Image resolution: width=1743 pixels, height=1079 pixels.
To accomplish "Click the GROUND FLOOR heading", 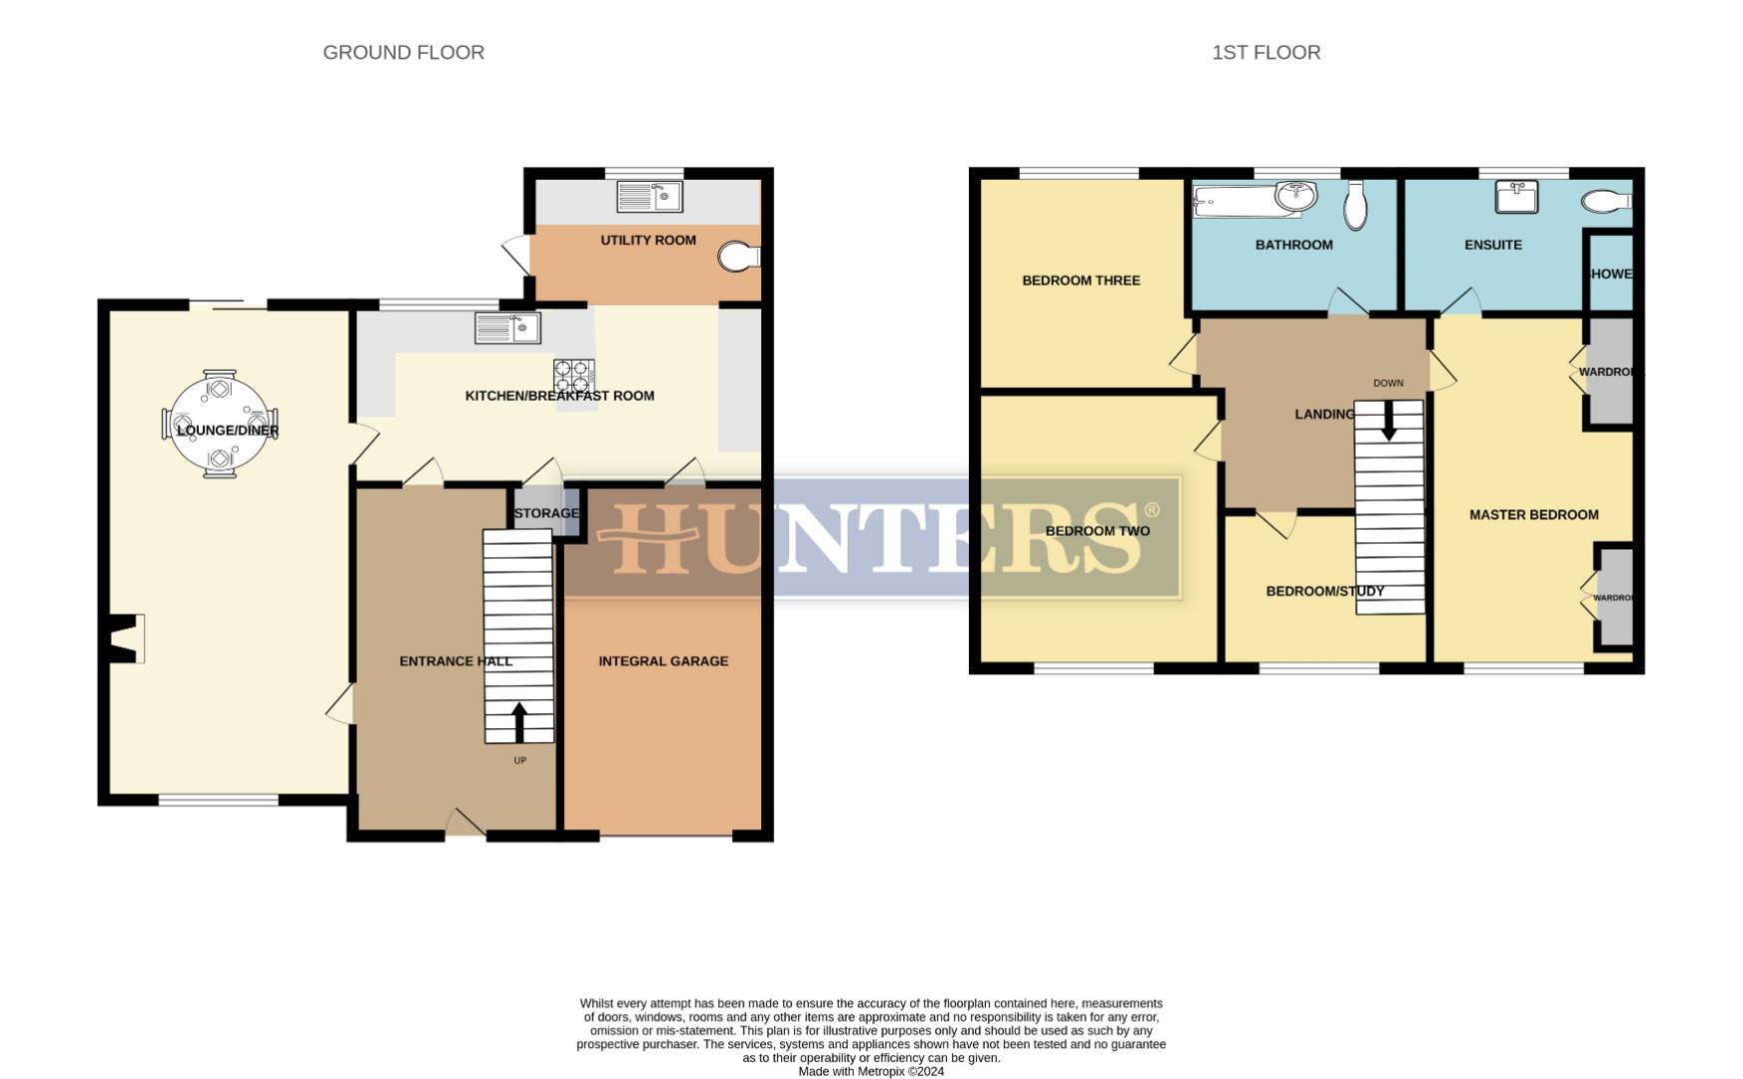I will [404, 53].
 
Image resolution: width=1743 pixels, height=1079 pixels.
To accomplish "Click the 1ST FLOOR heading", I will [1266, 53].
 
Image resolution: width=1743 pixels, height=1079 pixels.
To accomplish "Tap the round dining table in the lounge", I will [220, 425].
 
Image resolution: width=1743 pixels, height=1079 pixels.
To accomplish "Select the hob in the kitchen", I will [573, 377].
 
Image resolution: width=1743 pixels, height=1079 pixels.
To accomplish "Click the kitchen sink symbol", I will [507, 327].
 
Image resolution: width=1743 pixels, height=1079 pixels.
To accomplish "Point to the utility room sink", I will [649, 196].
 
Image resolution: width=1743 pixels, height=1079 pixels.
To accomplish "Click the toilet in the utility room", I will [737, 257].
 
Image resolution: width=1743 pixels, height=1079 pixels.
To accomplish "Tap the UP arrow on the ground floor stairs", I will [518, 721].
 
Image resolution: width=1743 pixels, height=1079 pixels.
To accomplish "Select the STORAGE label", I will [546, 514].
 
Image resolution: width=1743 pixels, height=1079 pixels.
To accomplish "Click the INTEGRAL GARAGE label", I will [663, 661].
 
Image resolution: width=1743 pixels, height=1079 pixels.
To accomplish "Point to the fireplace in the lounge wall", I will [126, 638].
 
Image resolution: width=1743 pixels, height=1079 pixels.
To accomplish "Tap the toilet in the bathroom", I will [1355, 205].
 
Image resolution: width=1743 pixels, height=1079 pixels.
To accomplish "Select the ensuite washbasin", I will [1516, 197].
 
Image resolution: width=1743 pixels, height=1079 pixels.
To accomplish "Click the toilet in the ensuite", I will [1604, 202].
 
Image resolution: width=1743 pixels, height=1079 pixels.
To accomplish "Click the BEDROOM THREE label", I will [1081, 281].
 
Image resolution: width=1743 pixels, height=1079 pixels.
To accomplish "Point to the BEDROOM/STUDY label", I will [1324, 591].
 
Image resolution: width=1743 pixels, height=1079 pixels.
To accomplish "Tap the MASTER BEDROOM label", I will [1533, 516].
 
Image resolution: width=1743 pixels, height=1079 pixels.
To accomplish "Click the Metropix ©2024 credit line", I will [871, 1071].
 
